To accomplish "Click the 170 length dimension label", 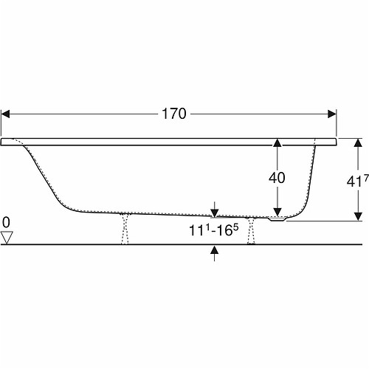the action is click(174, 114).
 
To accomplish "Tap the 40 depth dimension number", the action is click(277, 178).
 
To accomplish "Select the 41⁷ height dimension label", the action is click(357, 180).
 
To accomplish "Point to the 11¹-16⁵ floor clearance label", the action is click(213, 230).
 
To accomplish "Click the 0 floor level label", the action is click(6, 223).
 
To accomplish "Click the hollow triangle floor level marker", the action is click(7, 238).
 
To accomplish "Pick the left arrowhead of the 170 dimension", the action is click(5, 114).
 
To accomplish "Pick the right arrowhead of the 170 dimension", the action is click(332, 114).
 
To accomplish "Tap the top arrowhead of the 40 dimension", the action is click(277, 142).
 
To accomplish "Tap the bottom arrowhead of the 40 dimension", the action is click(277, 212).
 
